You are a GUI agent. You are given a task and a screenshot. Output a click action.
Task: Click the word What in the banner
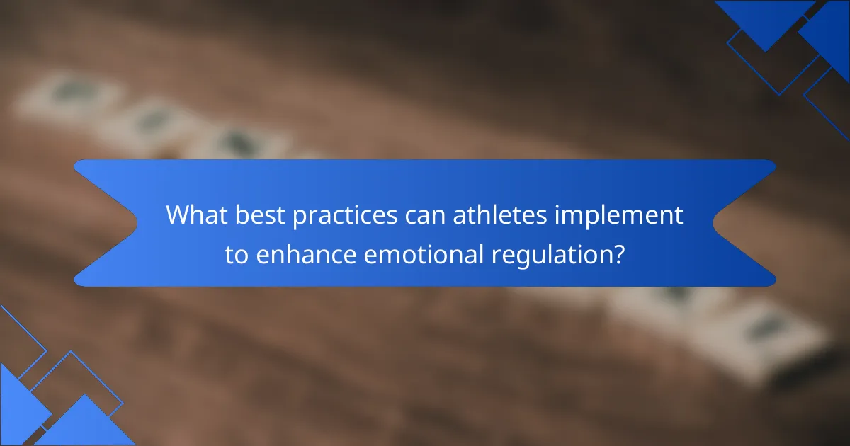click(197, 215)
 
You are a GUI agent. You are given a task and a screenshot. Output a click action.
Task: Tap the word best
click(260, 215)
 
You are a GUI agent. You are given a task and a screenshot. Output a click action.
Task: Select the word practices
click(345, 216)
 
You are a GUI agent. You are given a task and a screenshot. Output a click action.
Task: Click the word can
click(425, 217)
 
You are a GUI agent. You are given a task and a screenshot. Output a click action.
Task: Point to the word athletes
click(500, 215)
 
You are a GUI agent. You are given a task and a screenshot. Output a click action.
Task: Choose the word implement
click(619, 216)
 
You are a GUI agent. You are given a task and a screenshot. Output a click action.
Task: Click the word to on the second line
click(237, 255)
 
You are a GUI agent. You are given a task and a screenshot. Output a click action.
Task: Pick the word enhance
click(306, 254)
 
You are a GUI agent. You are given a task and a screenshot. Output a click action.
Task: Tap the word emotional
click(424, 254)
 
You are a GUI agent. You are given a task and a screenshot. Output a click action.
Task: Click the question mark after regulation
click(618, 254)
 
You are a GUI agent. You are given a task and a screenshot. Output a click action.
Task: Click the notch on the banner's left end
click(137, 223)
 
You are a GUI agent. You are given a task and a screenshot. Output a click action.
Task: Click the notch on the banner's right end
click(713, 223)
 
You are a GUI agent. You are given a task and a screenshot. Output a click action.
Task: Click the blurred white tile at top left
click(68, 97)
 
